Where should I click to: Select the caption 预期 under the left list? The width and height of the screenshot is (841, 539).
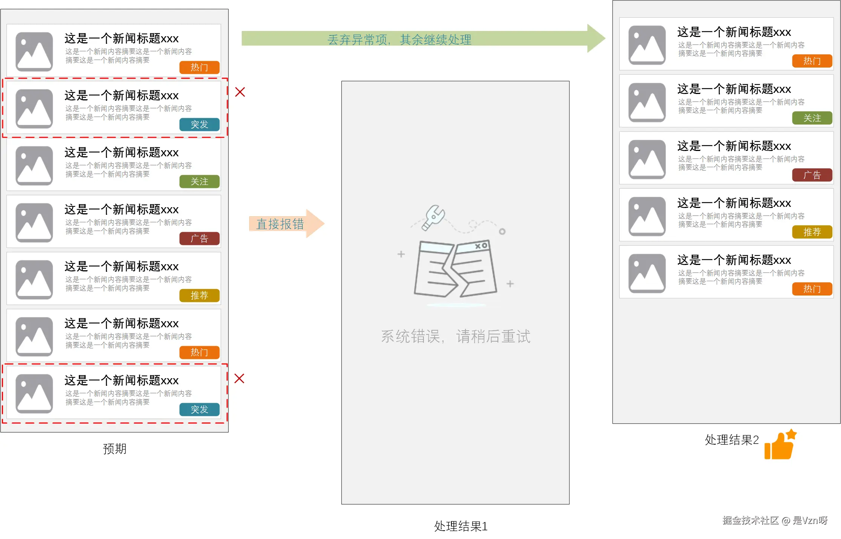tap(115, 448)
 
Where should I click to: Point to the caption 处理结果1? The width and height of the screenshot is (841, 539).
tap(460, 526)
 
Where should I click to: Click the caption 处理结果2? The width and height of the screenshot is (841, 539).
tap(731, 440)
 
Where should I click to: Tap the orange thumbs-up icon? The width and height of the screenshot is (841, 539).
tap(780, 445)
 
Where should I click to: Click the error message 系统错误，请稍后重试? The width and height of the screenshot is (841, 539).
tap(456, 336)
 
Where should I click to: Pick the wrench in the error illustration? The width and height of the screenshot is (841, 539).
tap(433, 217)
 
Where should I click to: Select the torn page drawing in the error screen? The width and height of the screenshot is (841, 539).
tap(455, 269)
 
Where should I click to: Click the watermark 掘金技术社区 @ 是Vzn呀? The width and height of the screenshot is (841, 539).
tap(775, 521)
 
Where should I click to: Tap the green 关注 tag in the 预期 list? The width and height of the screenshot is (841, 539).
tap(199, 182)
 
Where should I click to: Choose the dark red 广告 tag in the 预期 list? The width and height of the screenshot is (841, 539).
tap(199, 239)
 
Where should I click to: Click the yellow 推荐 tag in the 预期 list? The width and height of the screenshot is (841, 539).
tap(199, 295)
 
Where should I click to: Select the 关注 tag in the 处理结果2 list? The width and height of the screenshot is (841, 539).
tap(812, 118)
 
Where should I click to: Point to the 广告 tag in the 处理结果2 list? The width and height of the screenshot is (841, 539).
tap(812, 175)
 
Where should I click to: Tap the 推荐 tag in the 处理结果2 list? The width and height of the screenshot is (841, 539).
tap(812, 232)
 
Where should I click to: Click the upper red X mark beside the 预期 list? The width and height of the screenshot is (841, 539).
tap(240, 92)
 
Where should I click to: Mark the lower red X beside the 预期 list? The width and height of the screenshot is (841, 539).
tap(239, 379)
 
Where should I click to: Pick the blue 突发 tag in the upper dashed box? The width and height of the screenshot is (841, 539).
tap(199, 125)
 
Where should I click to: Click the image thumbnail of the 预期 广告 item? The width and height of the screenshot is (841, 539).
tap(34, 223)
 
